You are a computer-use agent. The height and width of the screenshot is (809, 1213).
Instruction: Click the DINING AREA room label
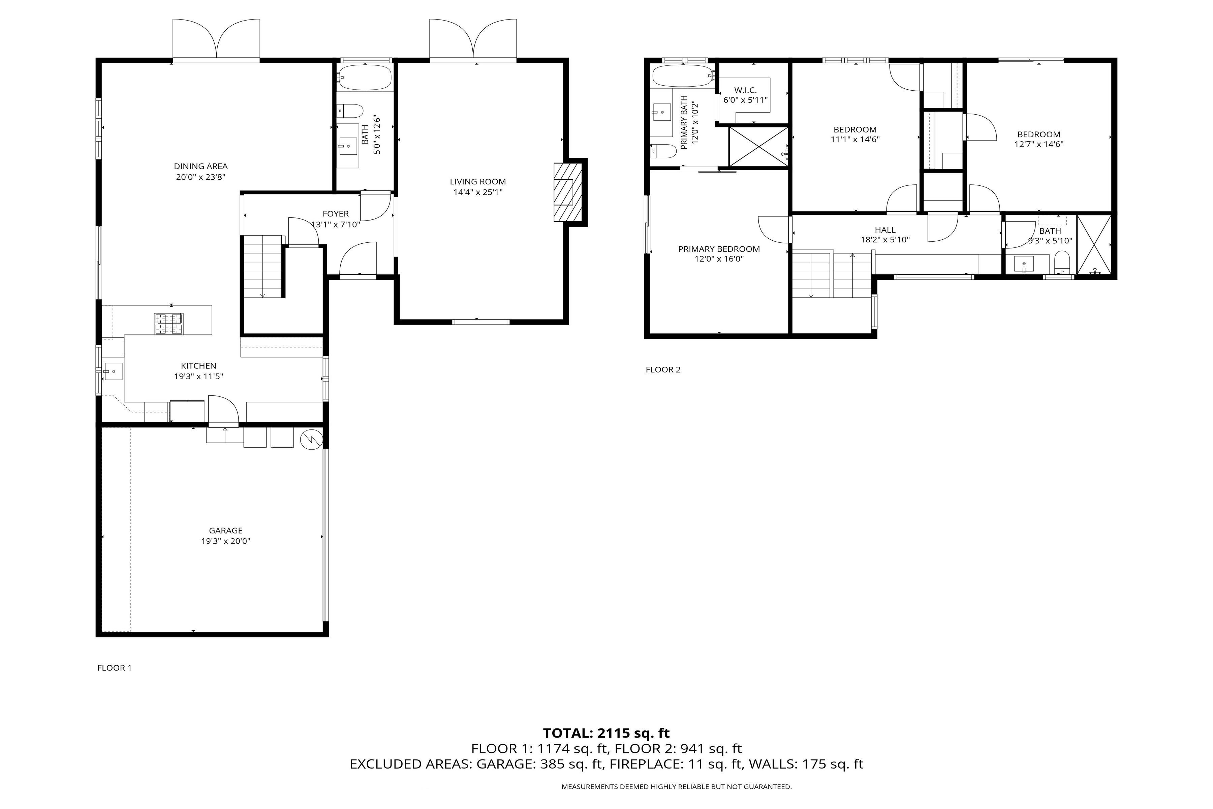coord(200,166)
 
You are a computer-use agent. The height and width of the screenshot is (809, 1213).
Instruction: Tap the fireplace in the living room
coord(567,192)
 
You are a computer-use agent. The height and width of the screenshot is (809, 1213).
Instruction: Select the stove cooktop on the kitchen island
coord(169,324)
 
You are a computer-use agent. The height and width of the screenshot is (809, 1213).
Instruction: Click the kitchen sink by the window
coord(113,371)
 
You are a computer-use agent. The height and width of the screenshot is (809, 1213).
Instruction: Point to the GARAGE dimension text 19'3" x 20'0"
coord(225,541)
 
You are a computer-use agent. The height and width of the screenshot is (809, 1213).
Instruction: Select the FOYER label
coord(335,214)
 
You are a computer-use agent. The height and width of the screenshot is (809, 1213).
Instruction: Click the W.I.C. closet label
coord(745,90)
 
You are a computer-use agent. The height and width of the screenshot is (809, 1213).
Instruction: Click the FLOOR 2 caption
coord(663,369)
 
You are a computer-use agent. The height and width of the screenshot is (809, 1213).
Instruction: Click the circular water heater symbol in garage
coord(311,439)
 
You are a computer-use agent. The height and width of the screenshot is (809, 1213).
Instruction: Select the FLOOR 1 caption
coord(115,668)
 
